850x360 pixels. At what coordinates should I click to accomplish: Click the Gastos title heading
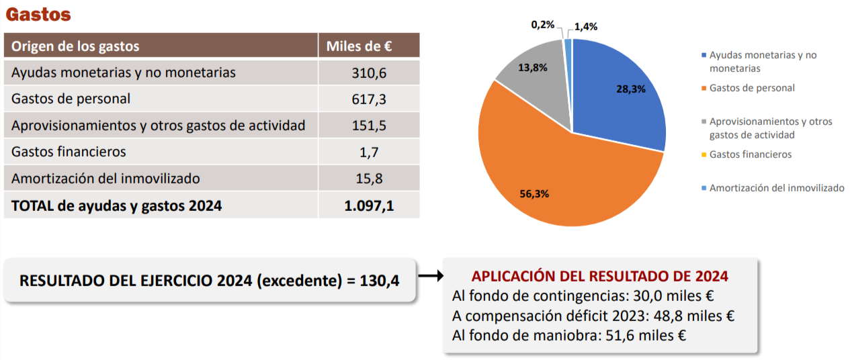pos(38,14)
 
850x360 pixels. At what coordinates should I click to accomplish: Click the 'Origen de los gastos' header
pos(75,46)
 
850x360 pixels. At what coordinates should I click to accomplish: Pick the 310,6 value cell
pos(369,73)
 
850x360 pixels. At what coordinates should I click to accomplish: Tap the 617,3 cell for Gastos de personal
pos(369,99)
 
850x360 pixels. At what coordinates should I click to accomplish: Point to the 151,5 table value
pos(369,126)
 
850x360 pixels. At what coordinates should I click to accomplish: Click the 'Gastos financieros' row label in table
pos(69,152)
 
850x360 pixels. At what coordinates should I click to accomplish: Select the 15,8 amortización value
pos(369,179)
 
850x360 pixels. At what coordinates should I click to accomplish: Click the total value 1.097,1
pos(369,206)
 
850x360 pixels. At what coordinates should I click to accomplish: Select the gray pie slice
pos(534,74)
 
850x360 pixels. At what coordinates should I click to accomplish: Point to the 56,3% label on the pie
pos(535,193)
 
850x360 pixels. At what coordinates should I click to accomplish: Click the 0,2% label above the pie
pos(543,25)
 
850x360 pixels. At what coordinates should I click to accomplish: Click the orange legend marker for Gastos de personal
pos(704,88)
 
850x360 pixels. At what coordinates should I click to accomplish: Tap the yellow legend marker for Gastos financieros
pos(704,154)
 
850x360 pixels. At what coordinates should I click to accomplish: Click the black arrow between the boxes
pos(430,275)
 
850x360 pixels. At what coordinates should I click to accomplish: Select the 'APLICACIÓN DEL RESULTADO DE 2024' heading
pos(600,276)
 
